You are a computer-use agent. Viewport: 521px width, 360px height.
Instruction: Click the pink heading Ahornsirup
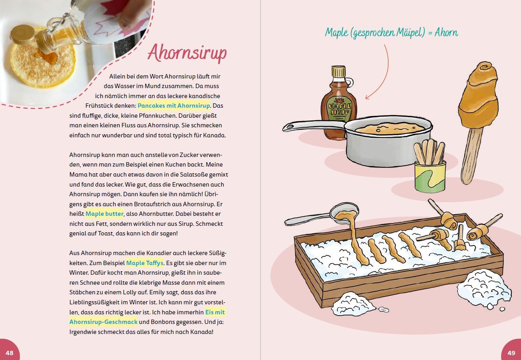[x=187, y=53]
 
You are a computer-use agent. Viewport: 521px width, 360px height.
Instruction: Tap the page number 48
[x=9, y=353]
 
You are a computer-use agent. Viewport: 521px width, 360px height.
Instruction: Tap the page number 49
[x=511, y=353]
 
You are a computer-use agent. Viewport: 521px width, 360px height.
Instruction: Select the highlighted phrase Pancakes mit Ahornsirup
[x=174, y=106]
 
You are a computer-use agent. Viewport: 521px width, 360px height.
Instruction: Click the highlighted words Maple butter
[x=104, y=213]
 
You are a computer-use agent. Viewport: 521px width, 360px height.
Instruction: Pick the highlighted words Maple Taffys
[x=145, y=263]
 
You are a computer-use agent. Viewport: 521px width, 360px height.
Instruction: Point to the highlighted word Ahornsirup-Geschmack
[x=104, y=322]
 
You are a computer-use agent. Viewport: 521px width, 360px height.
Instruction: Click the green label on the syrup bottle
[x=339, y=109]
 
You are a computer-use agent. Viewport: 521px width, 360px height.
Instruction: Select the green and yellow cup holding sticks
[x=430, y=177]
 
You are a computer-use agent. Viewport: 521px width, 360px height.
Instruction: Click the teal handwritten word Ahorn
[x=446, y=32]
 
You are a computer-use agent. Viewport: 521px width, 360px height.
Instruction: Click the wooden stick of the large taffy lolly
[x=471, y=156]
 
